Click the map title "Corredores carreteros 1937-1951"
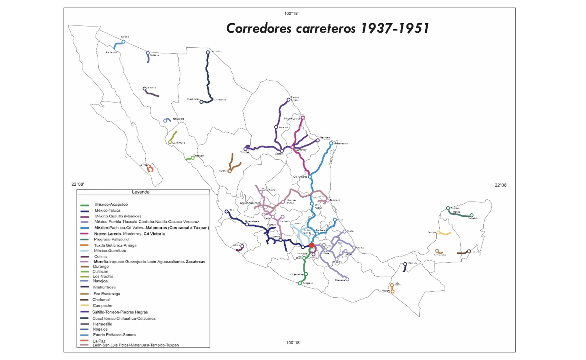pyautogui.click(x=327, y=28)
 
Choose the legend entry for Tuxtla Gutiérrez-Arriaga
pyautogui.click(x=115, y=245)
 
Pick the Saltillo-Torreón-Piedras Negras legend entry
pyautogui.click(x=121, y=312)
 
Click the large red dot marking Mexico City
pyautogui.click(x=312, y=245)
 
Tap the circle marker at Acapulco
pyautogui.click(x=300, y=284)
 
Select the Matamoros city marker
pyautogui.click(x=331, y=143)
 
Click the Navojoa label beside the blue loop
pyautogui.click(x=178, y=119)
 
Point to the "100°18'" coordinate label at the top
pyautogui.click(x=292, y=12)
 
